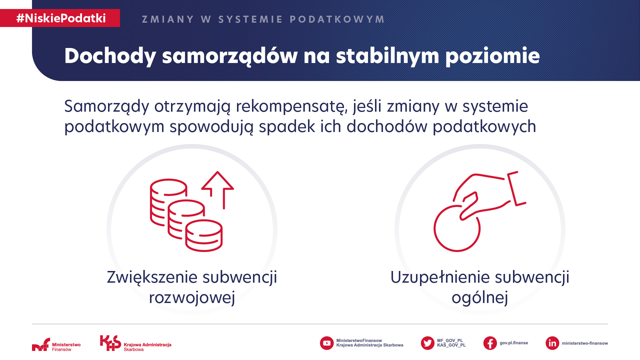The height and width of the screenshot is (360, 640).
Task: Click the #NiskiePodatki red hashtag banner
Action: (60, 18)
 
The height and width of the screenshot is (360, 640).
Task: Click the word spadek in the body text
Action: (287, 127)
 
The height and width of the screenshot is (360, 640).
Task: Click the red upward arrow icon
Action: (218, 190)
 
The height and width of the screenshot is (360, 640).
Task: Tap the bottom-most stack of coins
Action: (204, 235)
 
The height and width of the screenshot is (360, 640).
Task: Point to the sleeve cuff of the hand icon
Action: (516, 189)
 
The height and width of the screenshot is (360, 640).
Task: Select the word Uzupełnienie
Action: (440, 278)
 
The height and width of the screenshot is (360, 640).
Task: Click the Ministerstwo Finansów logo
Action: (56, 345)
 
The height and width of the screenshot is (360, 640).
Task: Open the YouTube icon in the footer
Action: (327, 343)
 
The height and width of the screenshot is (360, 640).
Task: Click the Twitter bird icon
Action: (428, 343)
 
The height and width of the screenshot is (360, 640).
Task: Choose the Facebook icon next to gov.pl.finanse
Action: (490, 343)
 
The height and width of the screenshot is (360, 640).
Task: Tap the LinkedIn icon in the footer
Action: (552, 343)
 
